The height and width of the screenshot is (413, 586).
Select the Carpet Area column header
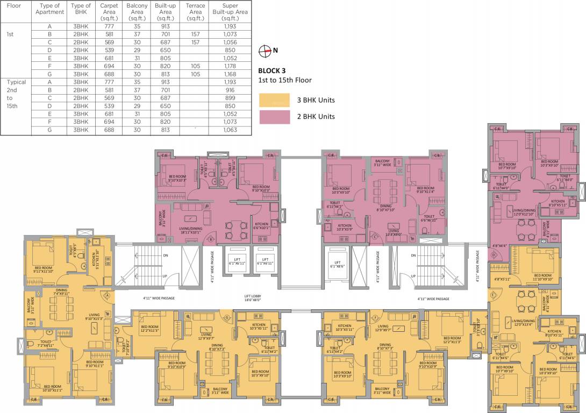pos(109,12)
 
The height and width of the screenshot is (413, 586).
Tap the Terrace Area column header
pos(195,12)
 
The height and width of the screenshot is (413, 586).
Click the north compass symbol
pos(264,51)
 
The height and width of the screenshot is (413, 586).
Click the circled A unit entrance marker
pos(108,295)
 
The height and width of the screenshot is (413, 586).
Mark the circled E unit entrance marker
pos(492,294)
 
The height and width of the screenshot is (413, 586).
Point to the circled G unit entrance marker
pos(227,318)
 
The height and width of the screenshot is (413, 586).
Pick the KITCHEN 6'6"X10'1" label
pos(262,226)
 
